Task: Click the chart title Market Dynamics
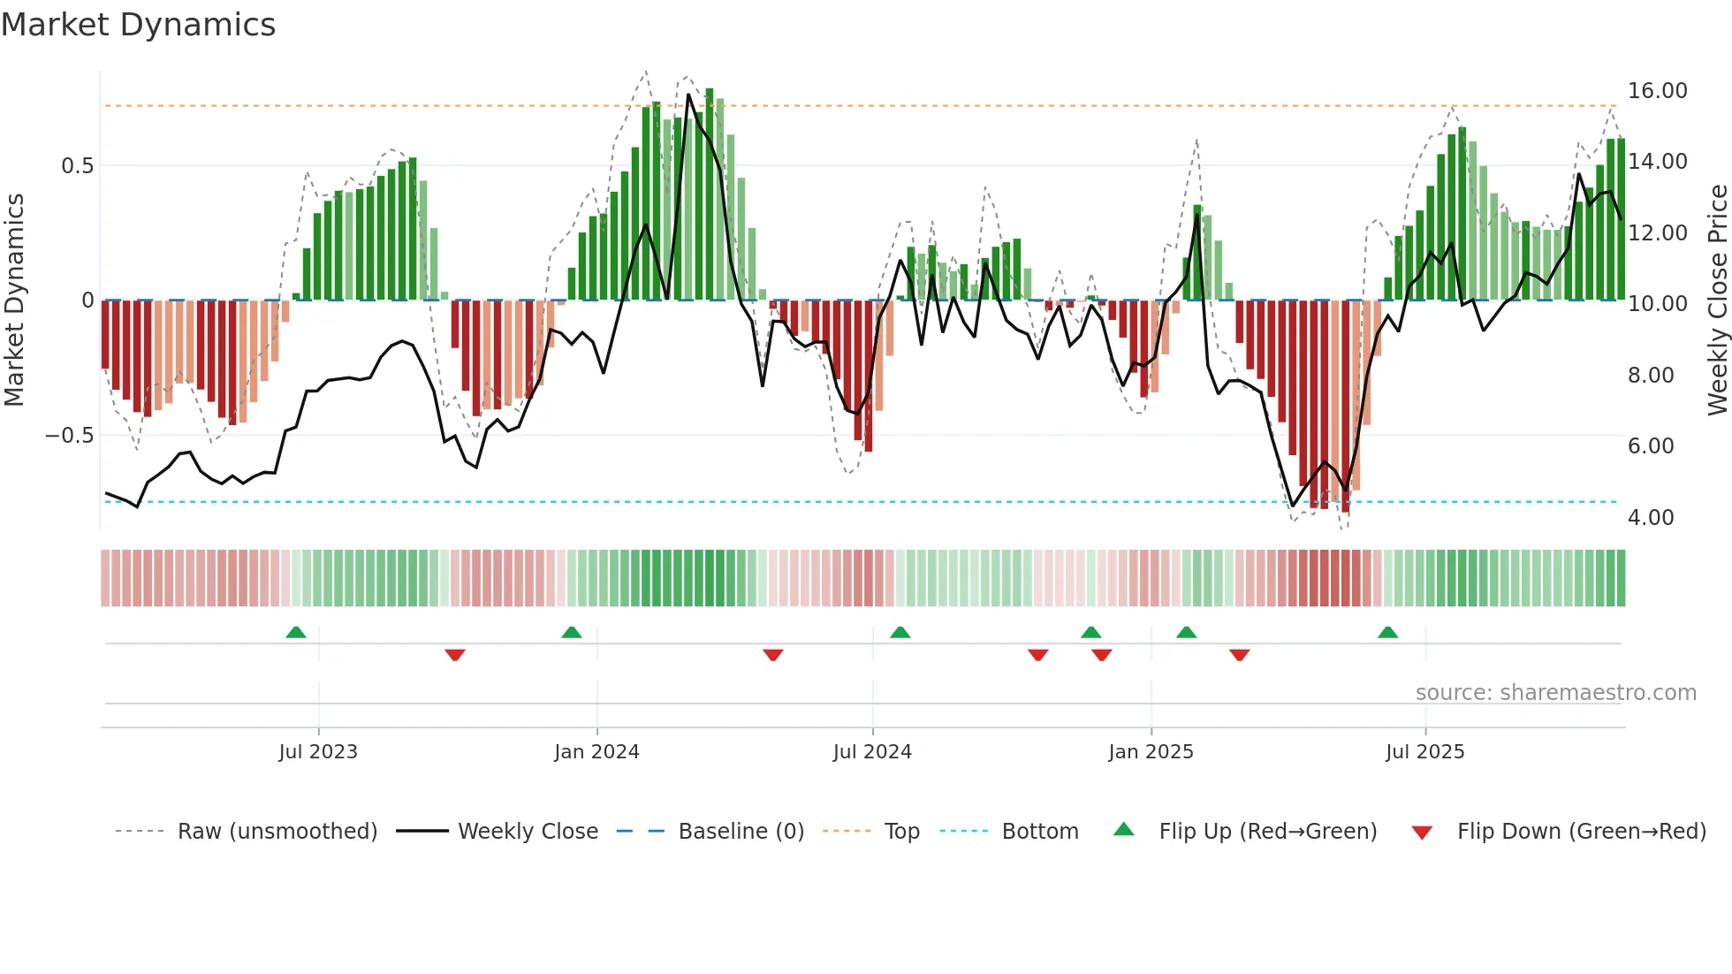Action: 138,25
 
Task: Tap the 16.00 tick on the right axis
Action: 1657,91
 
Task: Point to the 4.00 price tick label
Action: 1650,517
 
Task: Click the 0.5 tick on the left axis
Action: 77,166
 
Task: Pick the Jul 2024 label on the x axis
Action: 871,752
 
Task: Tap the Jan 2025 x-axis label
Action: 1151,752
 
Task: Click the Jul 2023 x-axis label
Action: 318,752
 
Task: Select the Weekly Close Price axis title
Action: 1717,300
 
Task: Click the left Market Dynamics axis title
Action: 15,300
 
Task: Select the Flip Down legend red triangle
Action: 1422,833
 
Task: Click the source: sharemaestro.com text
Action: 1555,693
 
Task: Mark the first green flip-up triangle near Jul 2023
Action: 296,632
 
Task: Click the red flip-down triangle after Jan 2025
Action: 1239,655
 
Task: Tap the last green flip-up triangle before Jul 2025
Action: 1387,632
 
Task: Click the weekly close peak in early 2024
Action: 688,95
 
